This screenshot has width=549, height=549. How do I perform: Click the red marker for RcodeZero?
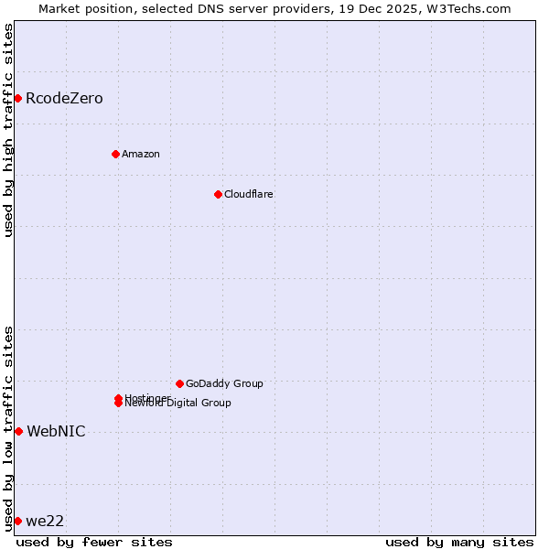point(17,98)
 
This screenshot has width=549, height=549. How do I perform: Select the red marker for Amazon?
point(115,154)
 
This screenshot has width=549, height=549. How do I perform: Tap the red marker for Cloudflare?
point(218,194)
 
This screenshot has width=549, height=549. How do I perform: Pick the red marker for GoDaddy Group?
point(179,383)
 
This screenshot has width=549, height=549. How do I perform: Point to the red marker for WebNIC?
point(18,431)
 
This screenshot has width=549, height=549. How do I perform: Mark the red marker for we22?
point(17,521)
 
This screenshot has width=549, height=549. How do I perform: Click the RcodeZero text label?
point(64,99)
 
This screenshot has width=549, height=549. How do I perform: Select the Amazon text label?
point(141,154)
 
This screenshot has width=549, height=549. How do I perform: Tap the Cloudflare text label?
point(249,194)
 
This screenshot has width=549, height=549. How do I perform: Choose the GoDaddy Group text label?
point(224,383)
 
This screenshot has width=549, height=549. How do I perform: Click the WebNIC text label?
point(56,432)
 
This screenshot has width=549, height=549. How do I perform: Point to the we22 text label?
point(45,522)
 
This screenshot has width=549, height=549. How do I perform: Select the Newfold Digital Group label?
point(179,404)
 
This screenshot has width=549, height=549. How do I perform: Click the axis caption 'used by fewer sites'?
point(94,542)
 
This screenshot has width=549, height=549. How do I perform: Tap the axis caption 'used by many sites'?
point(459,542)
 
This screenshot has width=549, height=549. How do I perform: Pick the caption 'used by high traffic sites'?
point(8,130)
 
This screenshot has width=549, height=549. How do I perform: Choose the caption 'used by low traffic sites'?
point(8,428)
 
